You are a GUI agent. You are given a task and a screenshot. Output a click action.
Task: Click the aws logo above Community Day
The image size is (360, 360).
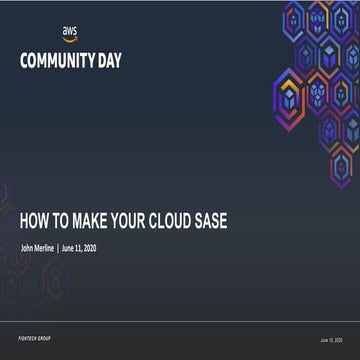point(69,34)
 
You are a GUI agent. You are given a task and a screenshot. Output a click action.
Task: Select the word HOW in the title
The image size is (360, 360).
point(35,221)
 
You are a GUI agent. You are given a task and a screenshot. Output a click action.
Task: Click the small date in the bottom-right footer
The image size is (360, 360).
point(333,339)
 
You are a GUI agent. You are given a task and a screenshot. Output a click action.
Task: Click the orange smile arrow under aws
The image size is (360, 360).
point(69,39)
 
